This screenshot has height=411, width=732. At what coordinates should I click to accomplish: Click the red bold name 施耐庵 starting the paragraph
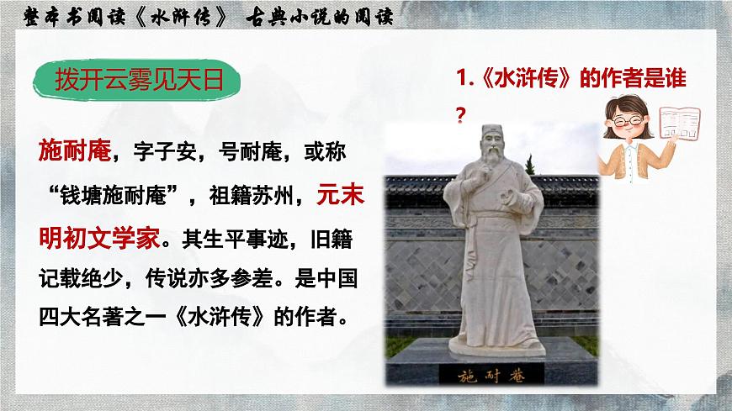[x=74, y=152]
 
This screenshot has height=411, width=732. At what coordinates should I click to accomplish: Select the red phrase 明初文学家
[x=98, y=239]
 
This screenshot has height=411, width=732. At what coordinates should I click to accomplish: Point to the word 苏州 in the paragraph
[x=273, y=196]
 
